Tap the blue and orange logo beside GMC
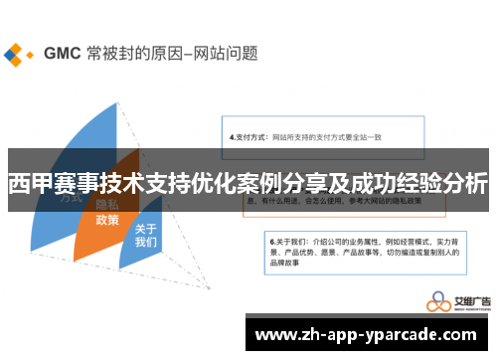17,53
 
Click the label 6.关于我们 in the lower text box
289,241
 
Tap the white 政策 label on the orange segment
106,220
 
